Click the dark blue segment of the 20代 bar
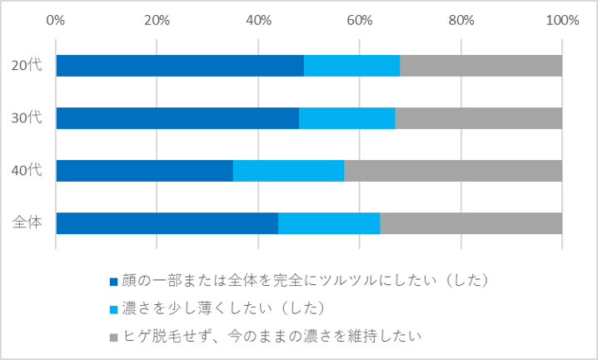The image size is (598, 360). coord(180,66)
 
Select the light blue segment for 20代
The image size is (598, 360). coord(351,66)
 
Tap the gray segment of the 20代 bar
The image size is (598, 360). coord(481,66)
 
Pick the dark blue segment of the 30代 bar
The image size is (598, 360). coord(177,118)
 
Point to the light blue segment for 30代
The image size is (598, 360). coord(346,118)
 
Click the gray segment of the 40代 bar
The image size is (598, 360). coord(453,171)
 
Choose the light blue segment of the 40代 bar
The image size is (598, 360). coord(288,171)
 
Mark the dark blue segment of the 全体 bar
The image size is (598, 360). coord(167,223)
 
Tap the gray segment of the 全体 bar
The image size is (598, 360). coord(471,223)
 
